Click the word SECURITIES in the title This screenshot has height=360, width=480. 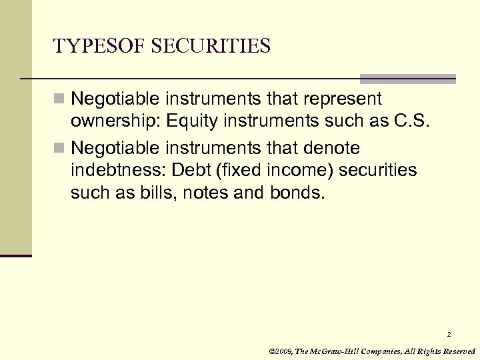point(211,46)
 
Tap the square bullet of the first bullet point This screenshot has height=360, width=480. point(60,99)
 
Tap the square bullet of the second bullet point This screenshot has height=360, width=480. point(60,147)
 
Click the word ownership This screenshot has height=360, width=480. point(115,123)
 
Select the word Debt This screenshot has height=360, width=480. point(191,170)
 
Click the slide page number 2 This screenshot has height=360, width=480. point(449,334)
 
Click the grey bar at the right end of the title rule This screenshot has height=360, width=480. point(408,79)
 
